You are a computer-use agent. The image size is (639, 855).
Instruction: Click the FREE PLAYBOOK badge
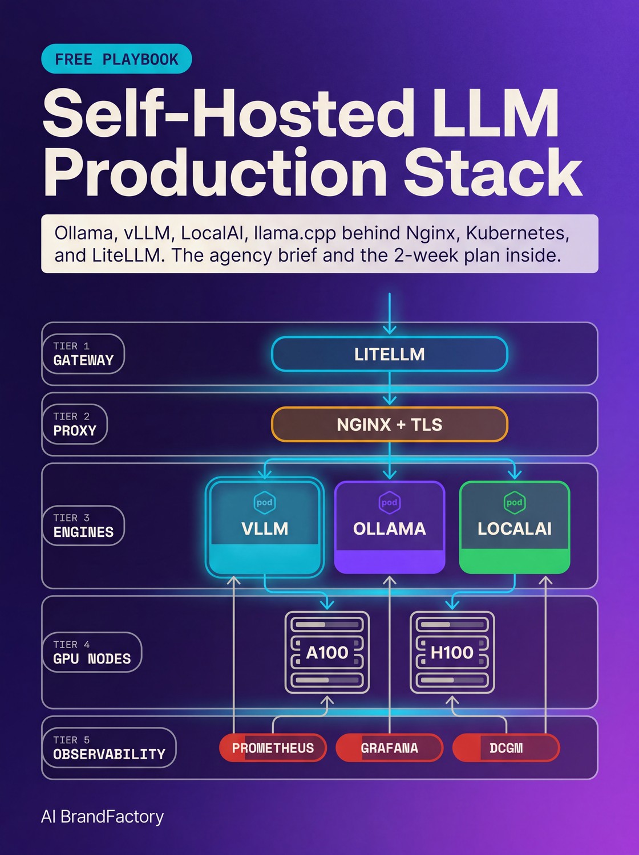click(116, 59)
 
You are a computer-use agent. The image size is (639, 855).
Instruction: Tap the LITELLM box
click(389, 354)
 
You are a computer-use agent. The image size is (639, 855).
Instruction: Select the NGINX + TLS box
click(389, 425)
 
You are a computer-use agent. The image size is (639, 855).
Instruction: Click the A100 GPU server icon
click(327, 652)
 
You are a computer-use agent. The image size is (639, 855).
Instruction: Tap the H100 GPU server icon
click(452, 652)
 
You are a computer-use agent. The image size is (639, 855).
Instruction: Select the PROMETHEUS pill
click(273, 748)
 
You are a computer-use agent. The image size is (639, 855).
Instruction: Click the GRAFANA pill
click(389, 748)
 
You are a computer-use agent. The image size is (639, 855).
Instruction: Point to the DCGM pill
click(505, 748)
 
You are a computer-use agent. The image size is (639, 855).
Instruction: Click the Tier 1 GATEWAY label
click(83, 354)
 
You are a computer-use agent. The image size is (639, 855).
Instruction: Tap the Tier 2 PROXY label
click(75, 425)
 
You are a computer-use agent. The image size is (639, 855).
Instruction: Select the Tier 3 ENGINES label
click(83, 526)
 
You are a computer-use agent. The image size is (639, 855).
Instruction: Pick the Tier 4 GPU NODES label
click(92, 652)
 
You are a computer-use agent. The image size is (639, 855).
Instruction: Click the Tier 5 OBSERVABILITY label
click(109, 748)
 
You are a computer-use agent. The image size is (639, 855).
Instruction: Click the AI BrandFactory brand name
click(102, 817)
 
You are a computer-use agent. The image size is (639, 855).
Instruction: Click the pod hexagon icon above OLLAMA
click(389, 502)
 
